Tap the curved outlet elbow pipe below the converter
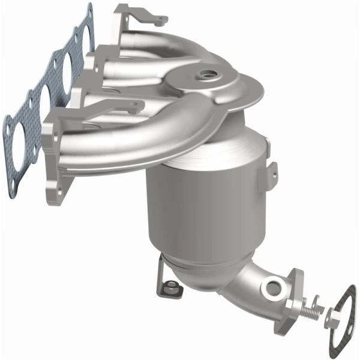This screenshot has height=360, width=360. tap(246, 288)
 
